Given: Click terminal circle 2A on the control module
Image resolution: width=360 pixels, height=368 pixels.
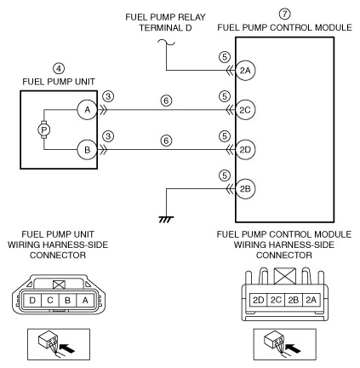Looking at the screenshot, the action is pyautogui.click(x=245, y=71).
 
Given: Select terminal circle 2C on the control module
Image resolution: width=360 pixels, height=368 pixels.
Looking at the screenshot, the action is pyautogui.click(x=245, y=110).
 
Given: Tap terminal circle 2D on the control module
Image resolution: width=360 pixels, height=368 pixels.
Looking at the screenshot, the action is pyautogui.click(x=245, y=149).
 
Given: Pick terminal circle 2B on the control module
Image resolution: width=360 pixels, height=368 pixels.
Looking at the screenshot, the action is pyautogui.click(x=245, y=189).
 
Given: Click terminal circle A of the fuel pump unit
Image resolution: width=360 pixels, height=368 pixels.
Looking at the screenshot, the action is pyautogui.click(x=87, y=110).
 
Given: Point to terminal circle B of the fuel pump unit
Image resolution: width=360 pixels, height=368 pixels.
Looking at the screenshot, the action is pyautogui.click(x=87, y=150).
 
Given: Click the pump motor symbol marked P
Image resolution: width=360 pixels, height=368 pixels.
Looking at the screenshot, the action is pyautogui.click(x=44, y=130).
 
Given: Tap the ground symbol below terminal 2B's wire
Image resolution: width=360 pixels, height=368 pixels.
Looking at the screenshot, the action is pyautogui.click(x=166, y=219).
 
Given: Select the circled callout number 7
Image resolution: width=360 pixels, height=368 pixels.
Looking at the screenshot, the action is pyautogui.click(x=284, y=14).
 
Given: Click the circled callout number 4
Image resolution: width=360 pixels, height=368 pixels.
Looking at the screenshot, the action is pyautogui.click(x=59, y=68).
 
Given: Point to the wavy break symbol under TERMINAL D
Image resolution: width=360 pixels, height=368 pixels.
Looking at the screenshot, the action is pyautogui.click(x=166, y=43).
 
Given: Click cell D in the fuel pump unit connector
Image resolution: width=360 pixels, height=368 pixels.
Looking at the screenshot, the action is pyautogui.click(x=32, y=300).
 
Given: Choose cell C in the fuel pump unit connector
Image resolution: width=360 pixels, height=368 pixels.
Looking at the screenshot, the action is pyautogui.click(x=50, y=300).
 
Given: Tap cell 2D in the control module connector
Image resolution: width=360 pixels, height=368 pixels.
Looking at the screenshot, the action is pyautogui.click(x=259, y=300).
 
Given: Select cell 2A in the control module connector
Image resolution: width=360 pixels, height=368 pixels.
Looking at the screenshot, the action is pyautogui.click(x=311, y=300).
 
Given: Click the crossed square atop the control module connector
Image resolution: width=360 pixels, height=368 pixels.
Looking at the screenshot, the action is pyautogui.click(x=285, y=276).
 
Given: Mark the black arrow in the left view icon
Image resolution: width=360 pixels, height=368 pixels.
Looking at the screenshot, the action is pyautogui.click(x=68, y=348).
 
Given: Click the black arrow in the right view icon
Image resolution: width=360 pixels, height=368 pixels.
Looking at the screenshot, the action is pyautogui.click(x=293, y=348).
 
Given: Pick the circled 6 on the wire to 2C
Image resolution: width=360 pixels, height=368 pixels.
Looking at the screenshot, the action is pyautogui.click(x=166, y=101).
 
